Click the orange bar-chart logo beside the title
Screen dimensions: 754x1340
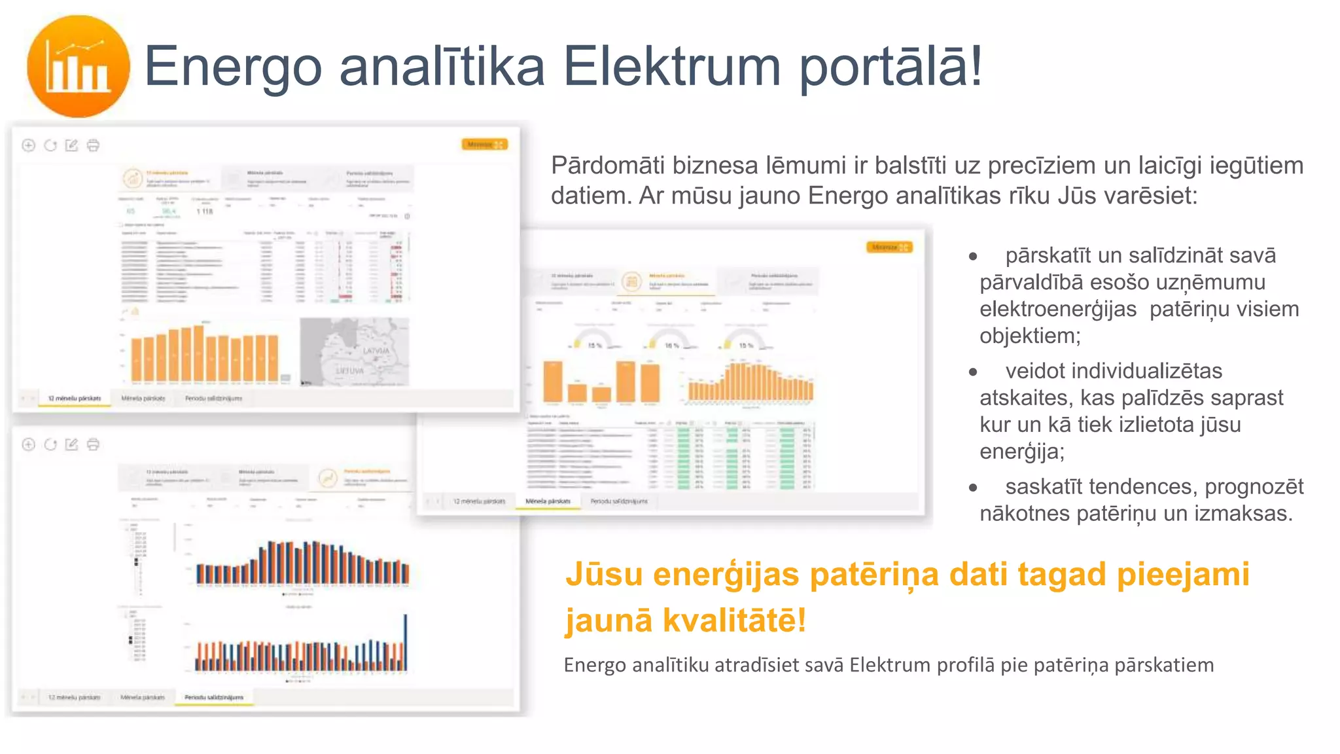(x=78, y=66)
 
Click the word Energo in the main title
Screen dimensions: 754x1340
(x=232, y=66)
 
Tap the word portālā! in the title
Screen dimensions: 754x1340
(x=890, y=67)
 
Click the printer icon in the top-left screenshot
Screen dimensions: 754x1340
(x=94, y=145)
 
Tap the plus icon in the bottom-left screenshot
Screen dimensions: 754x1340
(x=28, y=444)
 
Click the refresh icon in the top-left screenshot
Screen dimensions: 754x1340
(x=50, y=145)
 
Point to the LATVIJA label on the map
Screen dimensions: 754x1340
(x=376, y=351)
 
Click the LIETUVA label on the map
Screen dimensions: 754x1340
(x=349, y=370)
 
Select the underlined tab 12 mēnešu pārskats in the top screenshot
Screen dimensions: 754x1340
(x=75, y=398)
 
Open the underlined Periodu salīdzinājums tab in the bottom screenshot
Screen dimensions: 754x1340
(x=213, y=698)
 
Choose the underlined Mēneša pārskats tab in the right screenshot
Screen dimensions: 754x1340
(x=548, y=501)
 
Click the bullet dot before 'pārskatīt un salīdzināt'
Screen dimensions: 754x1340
(x=973, y=257)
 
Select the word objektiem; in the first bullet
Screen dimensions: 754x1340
(x=1030, y=336)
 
